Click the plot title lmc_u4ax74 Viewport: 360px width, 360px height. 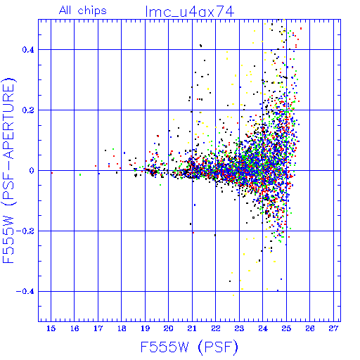[190, 11]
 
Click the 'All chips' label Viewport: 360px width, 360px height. [83, 11]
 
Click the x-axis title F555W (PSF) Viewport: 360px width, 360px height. [189, 347]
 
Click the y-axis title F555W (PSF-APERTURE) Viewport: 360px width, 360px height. [8, 170]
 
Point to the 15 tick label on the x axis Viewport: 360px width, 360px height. [51, 328]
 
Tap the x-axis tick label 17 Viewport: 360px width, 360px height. [98, 328]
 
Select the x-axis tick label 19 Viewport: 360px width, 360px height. [145, 328]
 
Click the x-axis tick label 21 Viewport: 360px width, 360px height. [192, 328]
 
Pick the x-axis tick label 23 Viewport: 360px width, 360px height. [239, 328]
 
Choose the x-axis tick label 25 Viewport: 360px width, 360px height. [286, 328]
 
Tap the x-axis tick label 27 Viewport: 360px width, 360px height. [333, 328]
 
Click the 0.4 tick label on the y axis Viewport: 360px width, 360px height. [28, 50]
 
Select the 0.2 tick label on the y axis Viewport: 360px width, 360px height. [28, 110]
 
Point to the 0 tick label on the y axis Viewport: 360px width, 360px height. [32, 171]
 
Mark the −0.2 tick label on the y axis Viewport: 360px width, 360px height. [25, 231]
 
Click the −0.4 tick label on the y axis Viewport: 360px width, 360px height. [25, 292]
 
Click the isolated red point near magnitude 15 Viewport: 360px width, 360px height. [52, 173]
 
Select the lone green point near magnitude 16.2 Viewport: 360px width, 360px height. [80, 174]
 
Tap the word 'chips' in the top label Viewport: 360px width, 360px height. [92, 11]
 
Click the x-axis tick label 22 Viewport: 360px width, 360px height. [216, 328]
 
